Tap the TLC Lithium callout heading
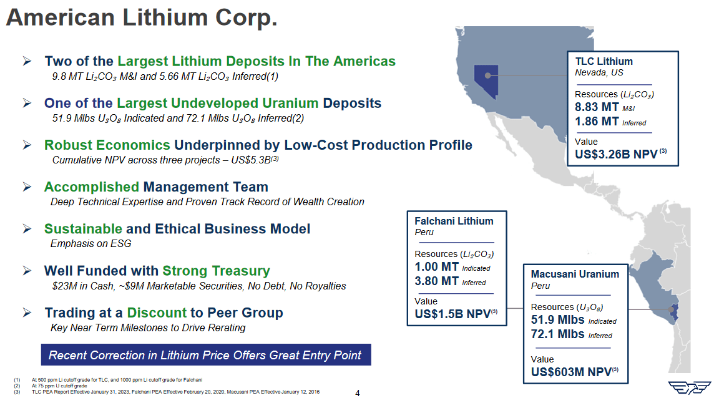tap(604, 61)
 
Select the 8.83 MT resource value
tap(597, 107)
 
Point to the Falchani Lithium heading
tap(454, 221)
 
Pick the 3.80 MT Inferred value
tap(437, 281)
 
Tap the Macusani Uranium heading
tap(575, 274)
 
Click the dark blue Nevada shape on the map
tap(486, 79)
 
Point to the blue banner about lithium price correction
tap(205, 355)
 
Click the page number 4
tap(357, 392)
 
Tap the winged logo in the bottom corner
tap(689, 387)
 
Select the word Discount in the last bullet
tap(157, 313)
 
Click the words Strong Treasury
tap(216, 271)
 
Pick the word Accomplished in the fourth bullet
tap(91, 187)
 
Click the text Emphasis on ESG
tap(90, 243)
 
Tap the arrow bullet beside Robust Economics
tap(27, 145)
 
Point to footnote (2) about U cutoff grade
tap(59, 386)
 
